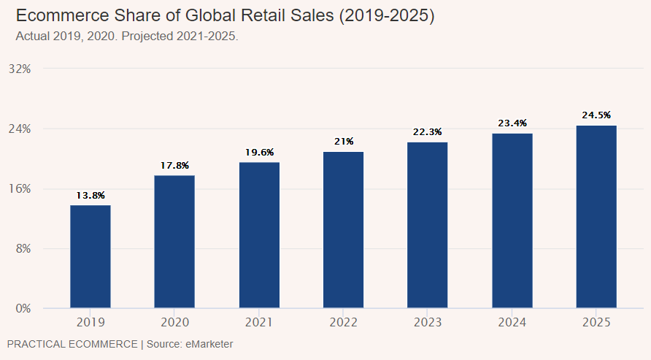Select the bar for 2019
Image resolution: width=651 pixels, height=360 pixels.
point(90,256)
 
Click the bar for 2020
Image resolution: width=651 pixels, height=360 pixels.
point(174,242)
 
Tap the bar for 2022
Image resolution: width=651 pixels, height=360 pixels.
point(343,230)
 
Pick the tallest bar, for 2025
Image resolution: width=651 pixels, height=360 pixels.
point(596,217)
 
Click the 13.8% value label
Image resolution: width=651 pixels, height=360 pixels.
point(90,196)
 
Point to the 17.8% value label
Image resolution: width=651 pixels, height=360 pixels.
point(174,166)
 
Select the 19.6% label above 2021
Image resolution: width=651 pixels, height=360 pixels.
point(259,153)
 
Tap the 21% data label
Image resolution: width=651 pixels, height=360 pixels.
point(344,142)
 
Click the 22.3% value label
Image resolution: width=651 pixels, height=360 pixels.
point(428,132)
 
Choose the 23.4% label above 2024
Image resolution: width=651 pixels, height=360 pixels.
point(512,123)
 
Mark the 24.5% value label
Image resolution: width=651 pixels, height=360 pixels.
point(596,115)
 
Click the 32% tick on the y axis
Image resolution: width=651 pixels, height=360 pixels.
point(20,69)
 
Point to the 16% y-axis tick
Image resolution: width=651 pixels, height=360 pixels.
point(20,188)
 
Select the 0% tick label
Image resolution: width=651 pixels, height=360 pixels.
point(23,308)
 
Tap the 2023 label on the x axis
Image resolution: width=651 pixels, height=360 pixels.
point(428,322)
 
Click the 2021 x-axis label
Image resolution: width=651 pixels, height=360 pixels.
point(259,322)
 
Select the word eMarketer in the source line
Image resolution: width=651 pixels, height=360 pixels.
point(208,343)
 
